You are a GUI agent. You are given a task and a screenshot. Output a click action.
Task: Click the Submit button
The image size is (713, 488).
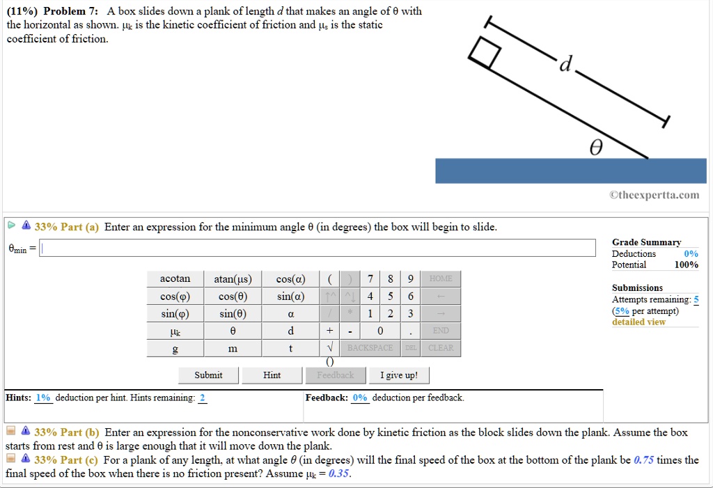pos(209,375)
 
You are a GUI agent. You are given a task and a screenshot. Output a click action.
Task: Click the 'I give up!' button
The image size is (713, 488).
pos(399,375)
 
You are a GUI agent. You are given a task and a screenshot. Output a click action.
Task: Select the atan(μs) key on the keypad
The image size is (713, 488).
pos(233,279)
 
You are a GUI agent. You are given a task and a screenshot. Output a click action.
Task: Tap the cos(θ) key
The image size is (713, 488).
pos(233,297)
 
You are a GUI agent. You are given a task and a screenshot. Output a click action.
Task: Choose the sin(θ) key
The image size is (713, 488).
pos(233,313)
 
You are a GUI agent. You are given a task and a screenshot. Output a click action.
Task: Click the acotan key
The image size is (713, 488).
pos(175,279)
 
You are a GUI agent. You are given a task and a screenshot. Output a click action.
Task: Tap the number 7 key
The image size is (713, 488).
pos(370,279)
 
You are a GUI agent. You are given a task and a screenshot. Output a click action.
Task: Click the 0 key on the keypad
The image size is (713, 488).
pos(380,331)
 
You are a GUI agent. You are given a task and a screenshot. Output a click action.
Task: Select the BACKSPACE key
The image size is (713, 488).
pos(370,347)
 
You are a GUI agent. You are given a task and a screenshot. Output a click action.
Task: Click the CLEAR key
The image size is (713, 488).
pos(441,347)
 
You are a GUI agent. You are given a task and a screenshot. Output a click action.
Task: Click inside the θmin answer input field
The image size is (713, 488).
pos(318,249)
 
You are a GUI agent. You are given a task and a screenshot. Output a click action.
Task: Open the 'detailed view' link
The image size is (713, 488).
pos(638,322)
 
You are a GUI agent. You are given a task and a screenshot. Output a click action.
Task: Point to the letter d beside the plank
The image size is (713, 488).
pos(566,65)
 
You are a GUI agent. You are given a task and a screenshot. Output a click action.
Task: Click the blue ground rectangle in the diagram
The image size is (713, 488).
pos(570,171)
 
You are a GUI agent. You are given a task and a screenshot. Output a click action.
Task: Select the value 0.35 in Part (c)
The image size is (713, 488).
pos(338,474)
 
